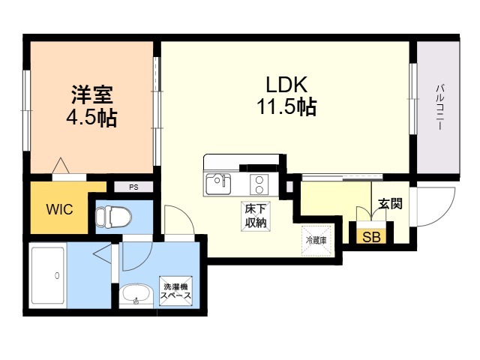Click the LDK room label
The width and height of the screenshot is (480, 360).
pyautogui.click(x=286, y=84)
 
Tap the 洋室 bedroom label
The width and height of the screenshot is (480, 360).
pyautogui.click(x=92, y=94)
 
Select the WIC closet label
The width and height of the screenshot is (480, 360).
pyautogui.click(x=60, y=209)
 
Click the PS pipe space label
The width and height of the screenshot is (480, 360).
pyautogui.click(x=133, y=187)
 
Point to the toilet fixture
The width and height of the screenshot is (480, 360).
pyautogui.click(x=113, y=217)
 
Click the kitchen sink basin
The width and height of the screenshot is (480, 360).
pyautogui.click(x=218, y=184)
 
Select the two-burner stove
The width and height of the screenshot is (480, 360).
pyautogui.click(x=259, y=184)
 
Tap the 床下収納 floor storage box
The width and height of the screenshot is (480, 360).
pyautogui.click(x=256, y=216)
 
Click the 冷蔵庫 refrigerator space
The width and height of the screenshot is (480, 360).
pyautogui.click(x=316, y=241)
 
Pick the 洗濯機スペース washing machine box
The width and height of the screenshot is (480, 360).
pyautogui.click(x=176, y=291)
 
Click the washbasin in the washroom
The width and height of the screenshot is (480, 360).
pyautogui.click(x=136, y=295)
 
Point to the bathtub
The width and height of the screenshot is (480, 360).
pyautogui.click(x=48, y=276)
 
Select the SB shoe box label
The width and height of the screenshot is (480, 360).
pyautogui.click(x=371, y=237)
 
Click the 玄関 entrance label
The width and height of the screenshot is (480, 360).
pyautogui.click(x=390, y=203)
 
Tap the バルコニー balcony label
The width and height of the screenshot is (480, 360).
pyautogui.click(x=440, y=107)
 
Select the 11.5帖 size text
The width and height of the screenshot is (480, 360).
pyautogui.click(x=286, y=106)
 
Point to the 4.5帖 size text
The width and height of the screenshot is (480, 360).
pyautogui.click(x=91, y=117)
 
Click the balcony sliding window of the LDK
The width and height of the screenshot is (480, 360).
pyautogui.click(x=413, y=98)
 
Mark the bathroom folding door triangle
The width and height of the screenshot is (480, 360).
pyautogui.click(x=103, y=253)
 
